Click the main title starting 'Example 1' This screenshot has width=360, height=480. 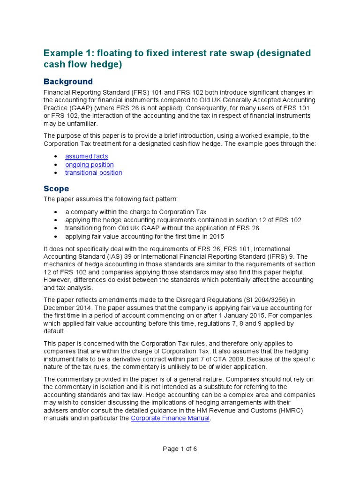[177, 59]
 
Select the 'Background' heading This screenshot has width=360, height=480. [68, 82]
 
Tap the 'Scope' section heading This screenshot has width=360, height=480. [56, 188]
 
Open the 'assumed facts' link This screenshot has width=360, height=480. [86, 156]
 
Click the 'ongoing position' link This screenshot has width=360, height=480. [89, 165]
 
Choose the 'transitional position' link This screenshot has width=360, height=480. [93, 172]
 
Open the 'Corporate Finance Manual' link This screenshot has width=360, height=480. [170, 418]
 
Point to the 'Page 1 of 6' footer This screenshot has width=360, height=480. [180, 449]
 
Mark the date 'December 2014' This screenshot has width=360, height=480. [68, 308]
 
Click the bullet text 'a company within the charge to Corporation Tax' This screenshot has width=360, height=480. [135, 212]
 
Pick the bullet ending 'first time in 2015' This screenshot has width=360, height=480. [144, 236]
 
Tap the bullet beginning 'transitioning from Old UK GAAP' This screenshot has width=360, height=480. [162, 228]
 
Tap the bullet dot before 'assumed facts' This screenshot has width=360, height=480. [56, 156]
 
